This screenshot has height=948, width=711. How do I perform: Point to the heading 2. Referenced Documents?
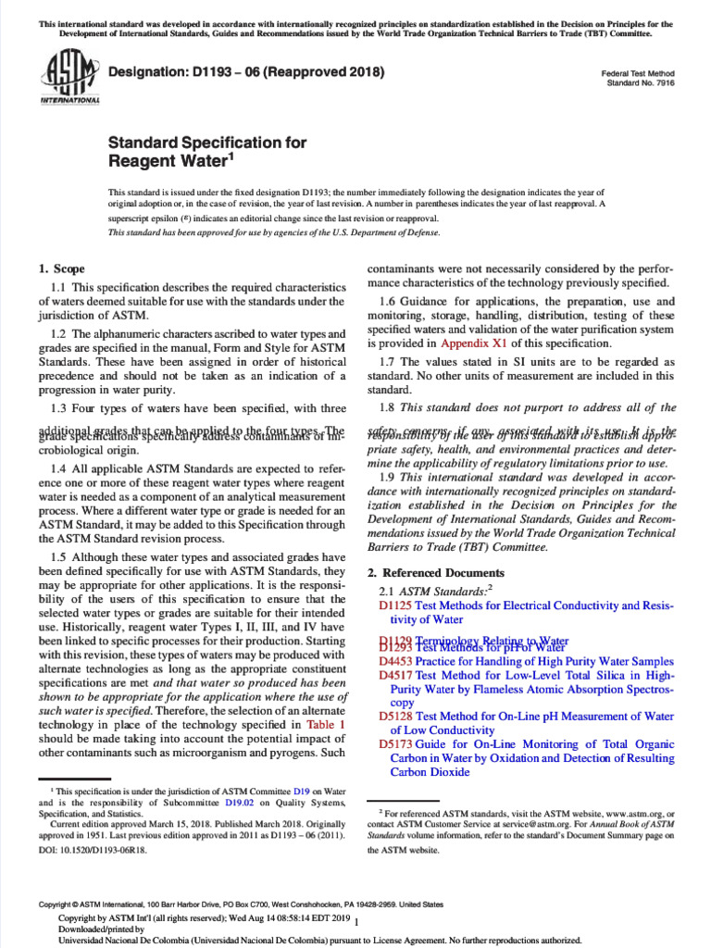pyautogui.click(x=436, y=573)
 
